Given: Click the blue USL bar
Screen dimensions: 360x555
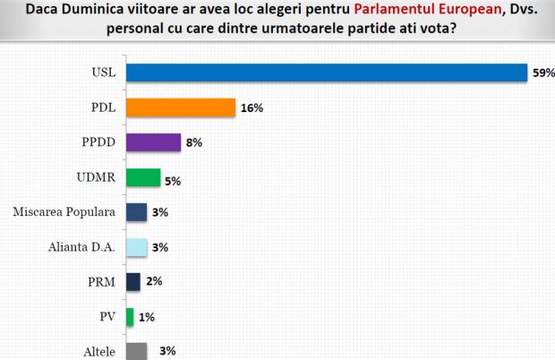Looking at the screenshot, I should (x=326, y=73).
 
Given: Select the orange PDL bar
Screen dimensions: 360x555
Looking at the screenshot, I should (x=180, y=107).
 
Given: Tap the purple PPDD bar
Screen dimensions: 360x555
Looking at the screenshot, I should (x=153, y=142).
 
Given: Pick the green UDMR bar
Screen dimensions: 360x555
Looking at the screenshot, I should (x=143, y=177).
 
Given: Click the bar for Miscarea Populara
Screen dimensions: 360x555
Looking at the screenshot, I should (x=137, y=212).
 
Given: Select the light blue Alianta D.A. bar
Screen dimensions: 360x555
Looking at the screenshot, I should (x=137, y=247).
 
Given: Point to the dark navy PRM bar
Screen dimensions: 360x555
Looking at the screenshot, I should (x=133, y=281).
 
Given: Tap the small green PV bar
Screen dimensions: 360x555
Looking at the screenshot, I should (x=130, y=316).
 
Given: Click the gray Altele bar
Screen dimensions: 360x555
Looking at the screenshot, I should (x=137, y=351).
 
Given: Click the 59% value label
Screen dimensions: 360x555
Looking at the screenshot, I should (x=542, y=73).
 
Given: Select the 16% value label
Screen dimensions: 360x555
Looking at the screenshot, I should (x=252, y=108).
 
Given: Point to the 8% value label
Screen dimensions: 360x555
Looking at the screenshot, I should (x=194, y=143).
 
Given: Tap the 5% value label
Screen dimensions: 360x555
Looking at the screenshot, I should (x=173, y=180).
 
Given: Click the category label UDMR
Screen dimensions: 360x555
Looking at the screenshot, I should (x=97, y=177).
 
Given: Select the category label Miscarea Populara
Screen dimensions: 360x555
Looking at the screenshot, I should (x=65, y=212).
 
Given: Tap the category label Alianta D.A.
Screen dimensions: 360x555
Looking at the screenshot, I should (x=83, y=247).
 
